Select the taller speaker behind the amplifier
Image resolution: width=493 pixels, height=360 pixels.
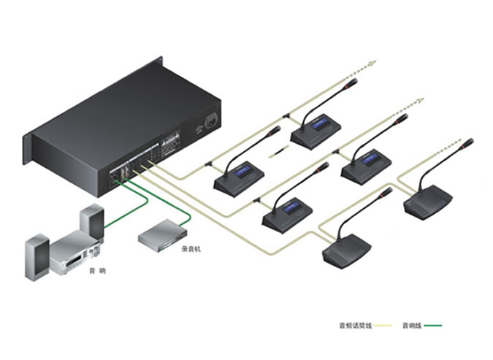[x=92, y=222]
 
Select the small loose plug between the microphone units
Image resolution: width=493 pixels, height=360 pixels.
[x=279, y=153]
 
